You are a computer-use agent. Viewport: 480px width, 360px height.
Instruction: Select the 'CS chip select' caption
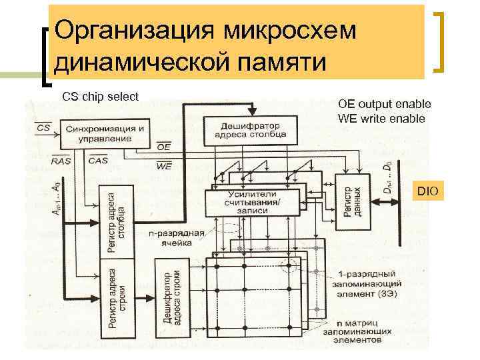pyautogui.click(x=100, y=97)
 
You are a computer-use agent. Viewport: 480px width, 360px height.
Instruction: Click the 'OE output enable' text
pyautogui.click(x=385, y=104)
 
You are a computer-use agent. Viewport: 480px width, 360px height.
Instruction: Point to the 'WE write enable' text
pyautogui.click(x=382, y=119)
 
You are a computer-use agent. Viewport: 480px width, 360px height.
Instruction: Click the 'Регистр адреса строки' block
pyautogui.click(x=116, y=301)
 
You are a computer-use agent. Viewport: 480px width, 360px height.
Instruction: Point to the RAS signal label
pyautogui.click(x=41, y=161)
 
